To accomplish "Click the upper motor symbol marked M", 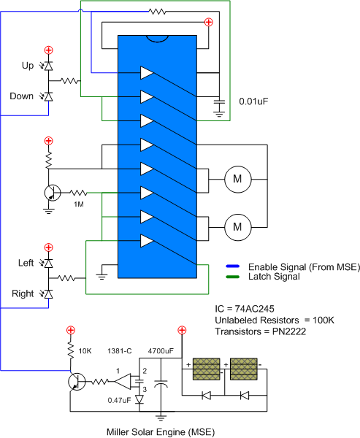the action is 238,179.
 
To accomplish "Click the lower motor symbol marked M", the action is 238,227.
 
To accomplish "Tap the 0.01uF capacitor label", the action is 253,101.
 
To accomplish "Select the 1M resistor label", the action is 79,204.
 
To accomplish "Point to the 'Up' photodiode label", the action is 28,66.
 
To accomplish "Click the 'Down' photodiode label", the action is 21,96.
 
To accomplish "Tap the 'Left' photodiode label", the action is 26,263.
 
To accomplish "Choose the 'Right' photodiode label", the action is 23,293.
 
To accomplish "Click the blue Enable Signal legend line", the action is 232,266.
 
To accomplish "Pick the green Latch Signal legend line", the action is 232,277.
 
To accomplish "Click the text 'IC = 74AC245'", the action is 245,309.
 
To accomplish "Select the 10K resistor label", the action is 85,351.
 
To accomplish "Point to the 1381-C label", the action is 119,351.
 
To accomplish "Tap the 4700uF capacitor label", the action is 161,351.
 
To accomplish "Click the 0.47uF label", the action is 119,400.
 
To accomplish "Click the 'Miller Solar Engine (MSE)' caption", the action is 161,432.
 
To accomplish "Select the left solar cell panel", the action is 206,369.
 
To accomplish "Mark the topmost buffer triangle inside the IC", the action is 147,73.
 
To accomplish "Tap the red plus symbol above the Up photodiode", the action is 49,50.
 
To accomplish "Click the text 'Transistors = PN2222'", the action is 261,331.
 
